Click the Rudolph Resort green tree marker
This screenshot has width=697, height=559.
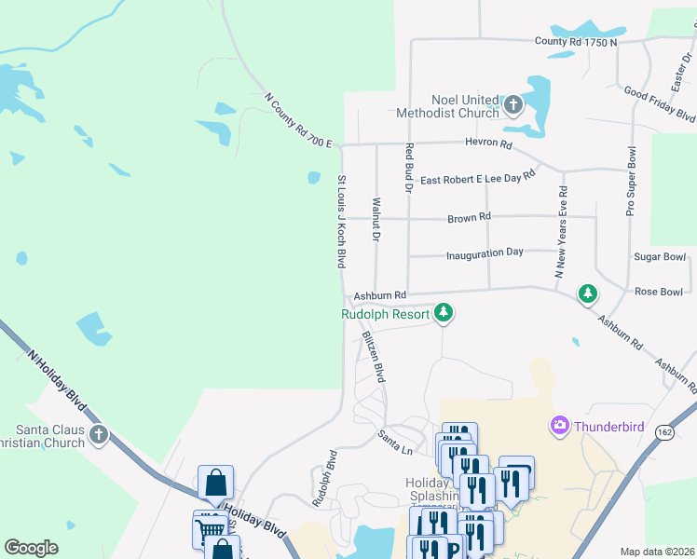click(444, 313)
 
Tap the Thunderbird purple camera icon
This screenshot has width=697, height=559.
click(560, 426)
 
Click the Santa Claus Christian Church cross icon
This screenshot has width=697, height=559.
click(99, 434)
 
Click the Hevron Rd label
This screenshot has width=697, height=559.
click(489, 144)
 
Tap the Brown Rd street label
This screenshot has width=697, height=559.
click(469, 217)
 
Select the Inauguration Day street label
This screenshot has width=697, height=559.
click(485, 252)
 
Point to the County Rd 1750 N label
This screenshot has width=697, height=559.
click(576, 42)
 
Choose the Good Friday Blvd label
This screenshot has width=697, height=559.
click(660, 105)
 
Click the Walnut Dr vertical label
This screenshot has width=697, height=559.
click(376, 221)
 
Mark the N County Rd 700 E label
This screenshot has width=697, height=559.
click(298, 120)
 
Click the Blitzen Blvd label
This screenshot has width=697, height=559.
click(373, 356)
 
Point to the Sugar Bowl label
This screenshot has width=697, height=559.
click(660, 256)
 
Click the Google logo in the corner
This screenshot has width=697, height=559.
click(32, 548)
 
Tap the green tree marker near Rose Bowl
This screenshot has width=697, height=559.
click(588, 294)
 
